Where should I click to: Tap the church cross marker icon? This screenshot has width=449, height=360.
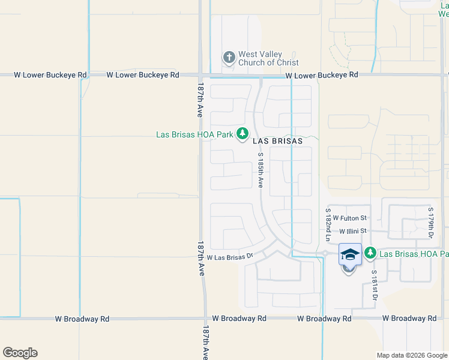pos(229,58)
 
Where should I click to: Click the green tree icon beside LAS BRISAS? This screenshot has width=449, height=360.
pos(242,134)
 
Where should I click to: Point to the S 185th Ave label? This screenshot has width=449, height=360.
pos(261,171)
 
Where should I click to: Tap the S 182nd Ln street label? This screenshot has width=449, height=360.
pos(328,225)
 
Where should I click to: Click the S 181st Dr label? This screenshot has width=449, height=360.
pos(374,286)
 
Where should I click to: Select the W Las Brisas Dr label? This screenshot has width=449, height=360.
pos(231,257)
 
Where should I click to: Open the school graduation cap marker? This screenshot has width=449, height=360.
pos(350,254)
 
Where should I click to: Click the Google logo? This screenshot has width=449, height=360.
pos(20,353)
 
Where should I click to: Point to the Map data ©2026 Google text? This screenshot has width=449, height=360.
pos(411,355)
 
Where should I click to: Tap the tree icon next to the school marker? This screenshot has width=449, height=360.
pos(370,254)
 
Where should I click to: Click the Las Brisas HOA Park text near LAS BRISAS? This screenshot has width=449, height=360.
pos(194,134)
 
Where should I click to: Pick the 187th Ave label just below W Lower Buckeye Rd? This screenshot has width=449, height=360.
pos(200,101)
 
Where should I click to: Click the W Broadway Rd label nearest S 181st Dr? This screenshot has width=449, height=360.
pos(409,318)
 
